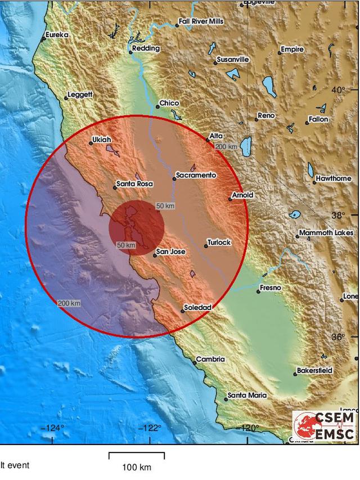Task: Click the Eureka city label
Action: [57, 35]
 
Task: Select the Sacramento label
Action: [195, 176]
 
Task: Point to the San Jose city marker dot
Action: [155, 255]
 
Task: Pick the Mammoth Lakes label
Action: [326, 232]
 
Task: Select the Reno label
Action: [266, 115]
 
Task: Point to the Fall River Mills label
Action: [201, 21]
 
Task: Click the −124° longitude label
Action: [53, 428]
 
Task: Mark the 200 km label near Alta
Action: [226, 147]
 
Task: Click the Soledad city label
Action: [199, 308]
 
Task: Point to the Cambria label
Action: [210, 359]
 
